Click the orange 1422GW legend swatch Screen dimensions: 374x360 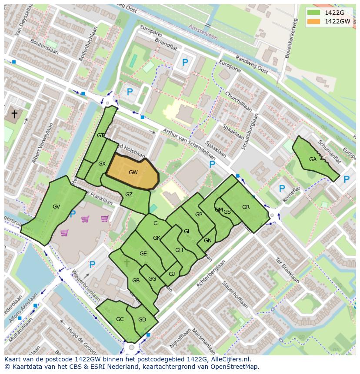pyautogui.click(x=313, y=21)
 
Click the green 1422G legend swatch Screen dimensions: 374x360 pyautogui.click(x=313, y=13)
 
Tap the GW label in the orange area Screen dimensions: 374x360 pyautogui.click(x=133, y=172)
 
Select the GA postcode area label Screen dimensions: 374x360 pyautogui.click(x=313, y=159)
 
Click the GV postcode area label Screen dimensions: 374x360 pyautogui.click(x=56, y=207)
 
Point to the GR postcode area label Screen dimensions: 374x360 pyautogui.click(x=246, y=207)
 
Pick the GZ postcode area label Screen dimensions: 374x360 pyautogui.click(x=129, y=195)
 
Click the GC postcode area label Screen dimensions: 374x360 pyautogui.click(x=120, y=319)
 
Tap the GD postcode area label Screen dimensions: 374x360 pyautogui.click(x=142, y=320)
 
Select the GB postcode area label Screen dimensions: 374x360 pyautogui.click(x=136, y=281)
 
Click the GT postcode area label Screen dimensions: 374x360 pyautogui.click(x=100, y=136)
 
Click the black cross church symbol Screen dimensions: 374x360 pyautogui.click(x=14, y=114)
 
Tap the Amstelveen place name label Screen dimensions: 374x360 pyautogui.click(x=203, y=32)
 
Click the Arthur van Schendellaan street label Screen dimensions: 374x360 pyautogui.click(x=190, y=144)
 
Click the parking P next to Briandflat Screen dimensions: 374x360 pyautogui.click(x=185, y=63)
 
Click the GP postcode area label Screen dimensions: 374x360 pyautogui.click(x=199, y=215)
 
